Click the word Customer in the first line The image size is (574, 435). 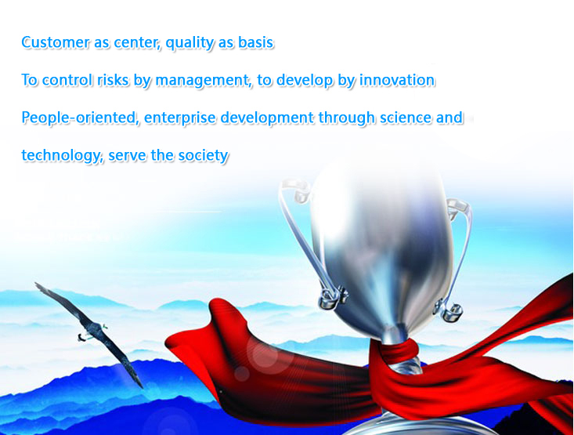(x=55, y=42)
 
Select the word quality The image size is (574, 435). (x=190, y=43)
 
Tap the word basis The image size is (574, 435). (x=255, y=42)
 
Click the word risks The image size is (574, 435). (x=113, y=79)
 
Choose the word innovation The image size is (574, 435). (x=397, y=79)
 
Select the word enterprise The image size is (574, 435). (x=179, y=118)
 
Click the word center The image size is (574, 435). (x=137, y=43)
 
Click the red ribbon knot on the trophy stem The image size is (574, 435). (x=397, y=351)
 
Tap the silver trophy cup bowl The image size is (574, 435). (x=381, y=249)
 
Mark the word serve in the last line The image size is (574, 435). (x=127, y=156)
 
